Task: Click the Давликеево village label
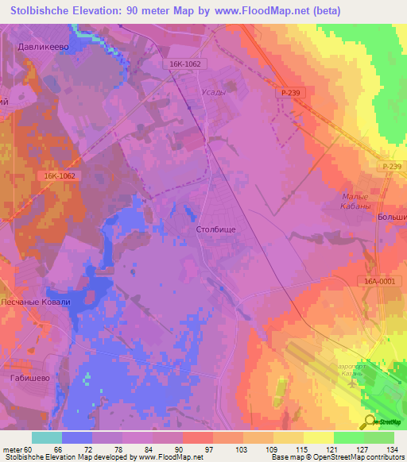pyautogui.click(x=45, y=47)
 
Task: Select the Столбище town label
pyautogui.click(x=215, y=229)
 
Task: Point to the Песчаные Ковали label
pyautogui.click(x=39, y=302)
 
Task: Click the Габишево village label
pyautogui.click(x=30, y=379)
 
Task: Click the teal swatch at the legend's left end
pyautogui.click(x=46, y=437)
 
